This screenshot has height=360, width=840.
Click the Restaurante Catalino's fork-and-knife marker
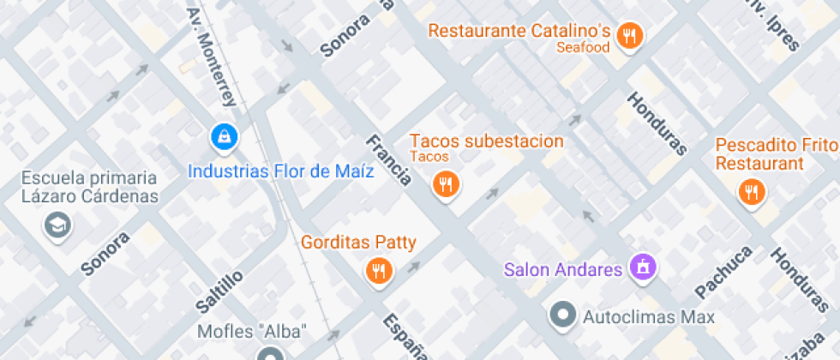click(x=631, y=35)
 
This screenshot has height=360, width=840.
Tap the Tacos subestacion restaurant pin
click(x=445, y=183)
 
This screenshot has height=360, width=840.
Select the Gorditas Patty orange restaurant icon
click(x=379, y=271)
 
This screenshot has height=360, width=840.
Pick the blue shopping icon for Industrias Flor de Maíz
click(x=225, y=135)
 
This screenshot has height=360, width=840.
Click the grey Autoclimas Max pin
click(x=563, y=315)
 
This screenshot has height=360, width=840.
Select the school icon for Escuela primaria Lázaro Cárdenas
click(x=58, y=225)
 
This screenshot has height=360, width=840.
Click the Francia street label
click(x=388, y=160)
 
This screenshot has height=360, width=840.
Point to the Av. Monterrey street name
click(x=213, y=57)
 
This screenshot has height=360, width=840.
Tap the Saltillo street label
click(x=219, y=291)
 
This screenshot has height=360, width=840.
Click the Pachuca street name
click(x=724, y=272)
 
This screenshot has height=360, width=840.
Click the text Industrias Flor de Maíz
click(x=281, y=171)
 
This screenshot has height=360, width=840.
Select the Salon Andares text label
click(x=562, y=270)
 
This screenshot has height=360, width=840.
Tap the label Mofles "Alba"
click(x=252, y=331)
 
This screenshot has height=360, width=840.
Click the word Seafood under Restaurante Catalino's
click(x=583, y=48)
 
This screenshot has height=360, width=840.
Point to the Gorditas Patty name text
click(x=358, y=243)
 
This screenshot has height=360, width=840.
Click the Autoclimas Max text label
click(x=649, y=317)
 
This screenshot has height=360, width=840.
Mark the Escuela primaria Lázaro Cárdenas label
click(x=90, y=187)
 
